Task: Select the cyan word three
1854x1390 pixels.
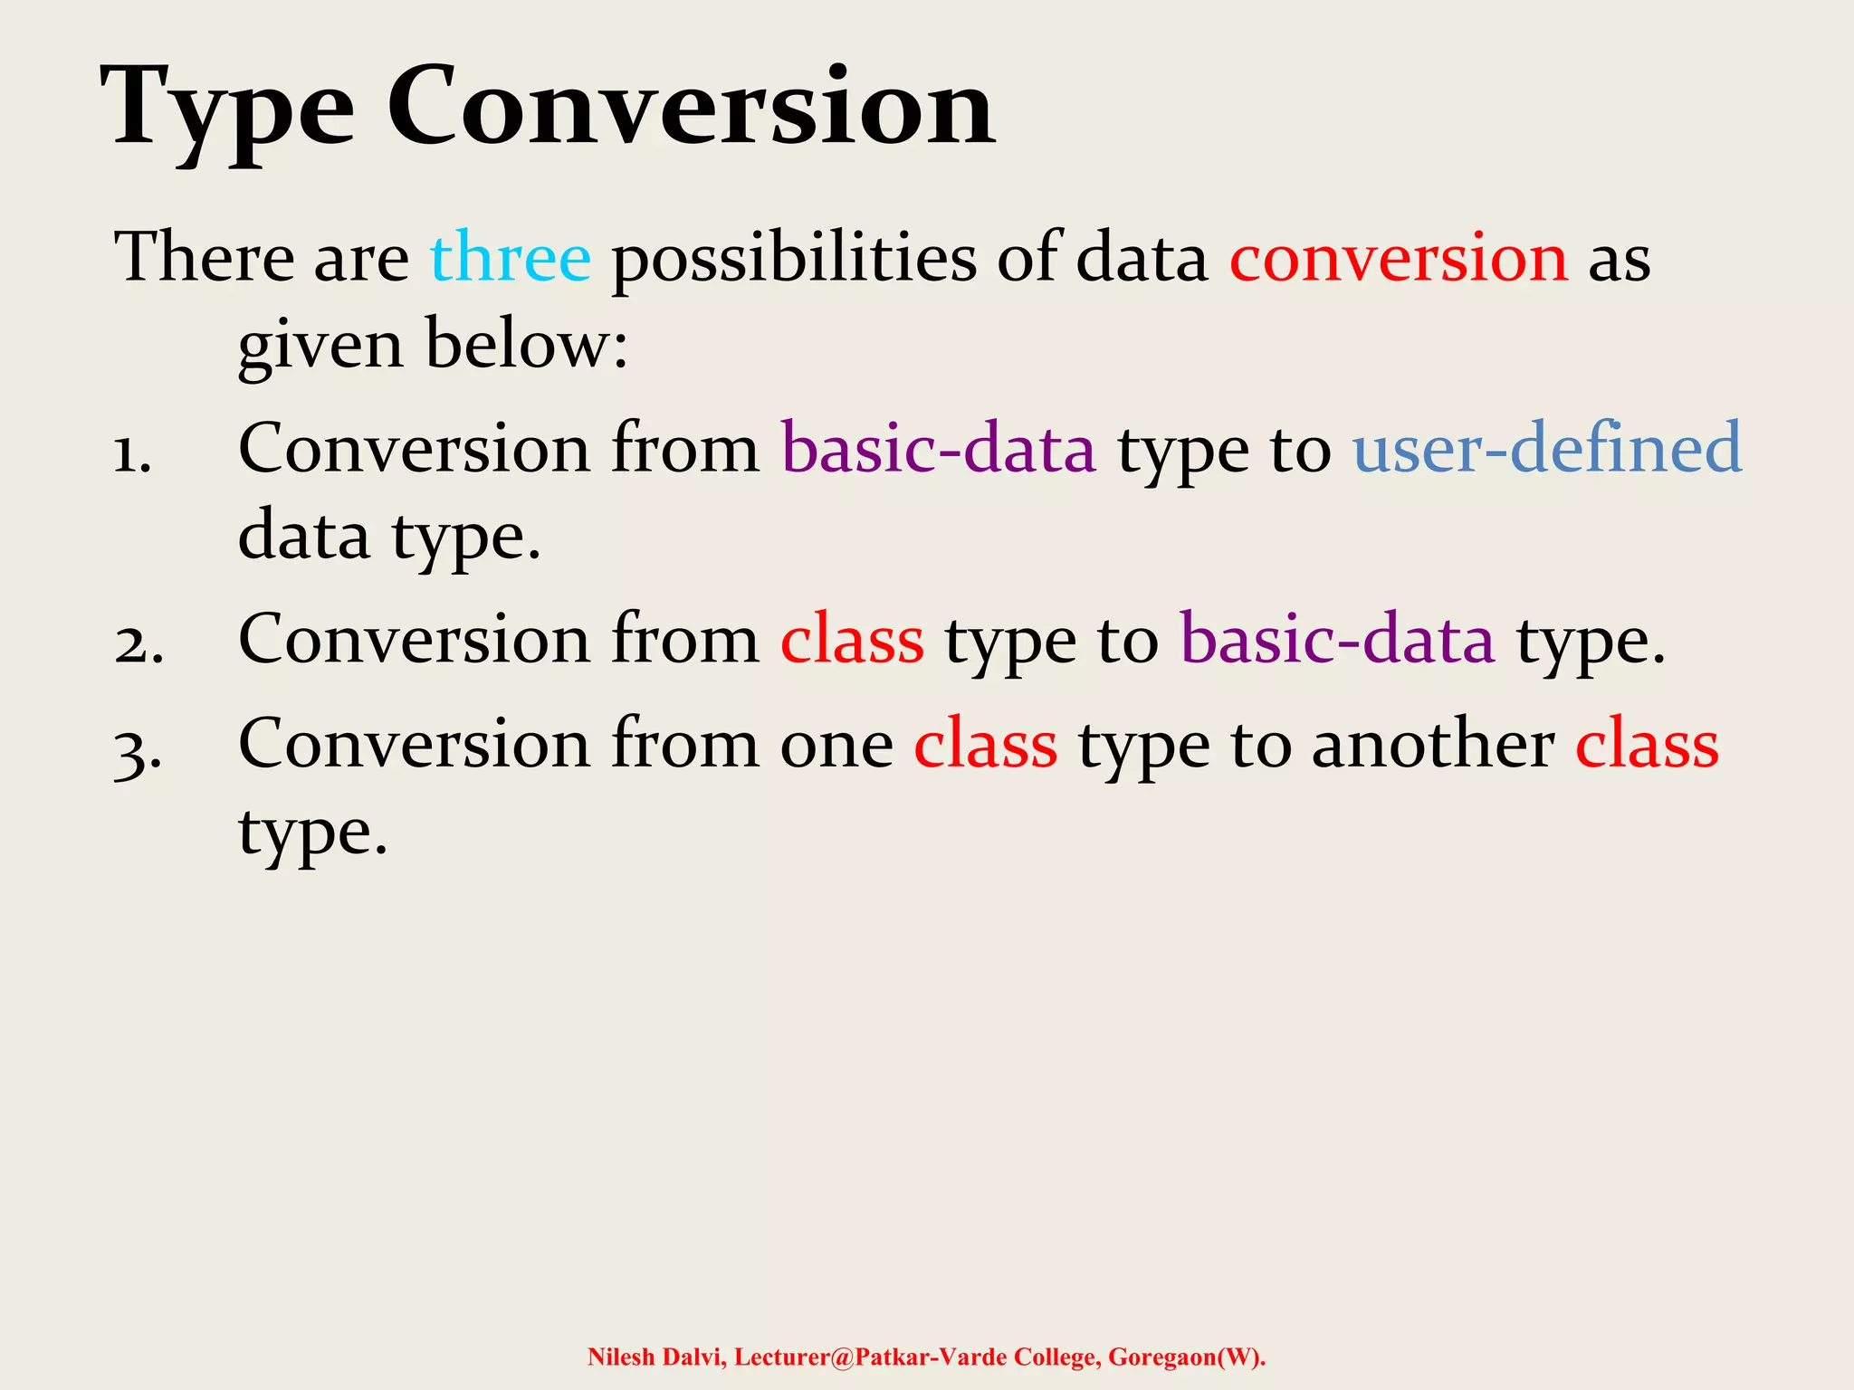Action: click(511, 258)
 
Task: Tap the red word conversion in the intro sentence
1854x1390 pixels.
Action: click(1399, 258)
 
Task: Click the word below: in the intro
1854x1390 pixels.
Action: click(527, 346)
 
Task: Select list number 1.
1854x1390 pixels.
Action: click(132, 452)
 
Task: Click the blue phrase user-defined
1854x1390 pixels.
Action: click(1547, 448)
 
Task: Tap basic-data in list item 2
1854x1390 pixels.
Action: click(1337, 641)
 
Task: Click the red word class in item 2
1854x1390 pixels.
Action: click(852, 641)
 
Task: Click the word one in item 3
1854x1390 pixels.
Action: click(836, 747)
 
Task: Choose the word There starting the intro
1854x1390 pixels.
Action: click(204, 258)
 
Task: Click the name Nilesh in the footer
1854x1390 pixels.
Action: click(621, 1357)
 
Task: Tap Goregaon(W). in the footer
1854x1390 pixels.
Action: click(1187, 1357)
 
